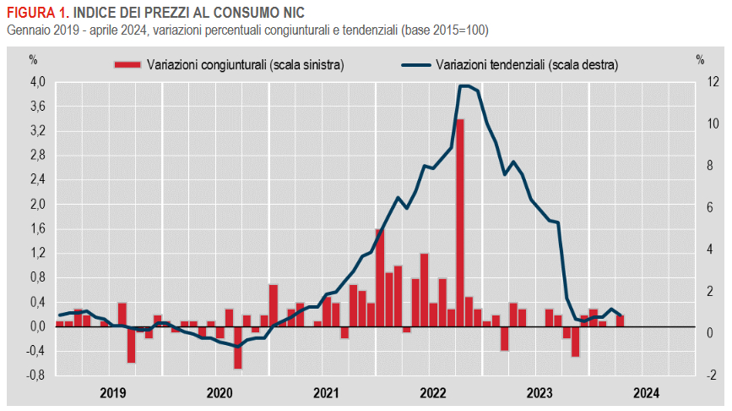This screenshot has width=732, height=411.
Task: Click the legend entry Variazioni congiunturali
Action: coord(245,64)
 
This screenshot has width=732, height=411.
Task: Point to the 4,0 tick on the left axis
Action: coord(38,82)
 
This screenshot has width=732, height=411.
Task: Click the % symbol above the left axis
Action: coord(34,59)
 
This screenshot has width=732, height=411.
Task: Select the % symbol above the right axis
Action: coord(700,59)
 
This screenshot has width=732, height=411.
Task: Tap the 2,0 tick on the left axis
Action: coord(38,205)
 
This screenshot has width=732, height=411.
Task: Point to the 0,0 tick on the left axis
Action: coord(38,326)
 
